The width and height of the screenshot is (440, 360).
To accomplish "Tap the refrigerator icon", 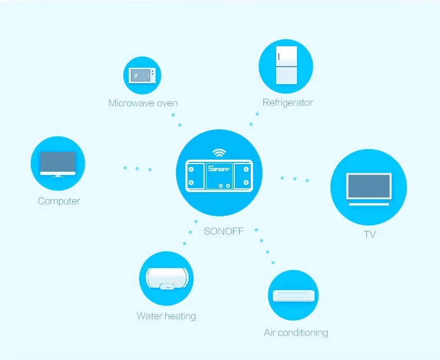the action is pyautogui.click(x=285, y=66).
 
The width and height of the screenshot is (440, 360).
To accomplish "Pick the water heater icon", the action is pyautogui.click(x=166, y=279).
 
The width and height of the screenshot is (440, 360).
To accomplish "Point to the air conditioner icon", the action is pyautogui.click(x=294, y=296).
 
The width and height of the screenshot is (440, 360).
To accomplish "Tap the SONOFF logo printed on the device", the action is pyautogui.click(x=219, y=167).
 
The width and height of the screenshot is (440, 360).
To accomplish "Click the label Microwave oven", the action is pyautogui.click(x=142, y=103).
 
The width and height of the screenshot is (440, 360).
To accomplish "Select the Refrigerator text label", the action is pyautogui.click(x=288, y=102).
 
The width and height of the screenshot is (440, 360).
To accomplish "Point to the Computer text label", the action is pyautogui.click(x=59, y=201).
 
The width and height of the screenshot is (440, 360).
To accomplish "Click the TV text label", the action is pyautogui.click(x=370, y=234).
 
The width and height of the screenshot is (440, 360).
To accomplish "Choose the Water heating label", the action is pyautogui.click(x=166, y=316).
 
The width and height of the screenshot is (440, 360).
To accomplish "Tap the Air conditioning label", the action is pyautogui.click(x=296, y=332).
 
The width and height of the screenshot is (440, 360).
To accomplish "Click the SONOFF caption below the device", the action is pyautogui.click(x=224, y=231).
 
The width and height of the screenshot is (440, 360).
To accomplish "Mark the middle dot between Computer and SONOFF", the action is pyautogui.click(x=137, y=168).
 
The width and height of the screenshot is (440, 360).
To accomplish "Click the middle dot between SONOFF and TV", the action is pyautogui.click(x=295, y=179).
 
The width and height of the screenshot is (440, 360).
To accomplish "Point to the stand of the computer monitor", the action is pyautogui.click(x=58, y=174).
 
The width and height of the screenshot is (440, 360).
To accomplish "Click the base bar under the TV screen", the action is pyautogui.click(x=369, y=204).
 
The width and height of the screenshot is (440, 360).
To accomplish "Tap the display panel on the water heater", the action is pyautogui.click(x=166, y=287).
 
